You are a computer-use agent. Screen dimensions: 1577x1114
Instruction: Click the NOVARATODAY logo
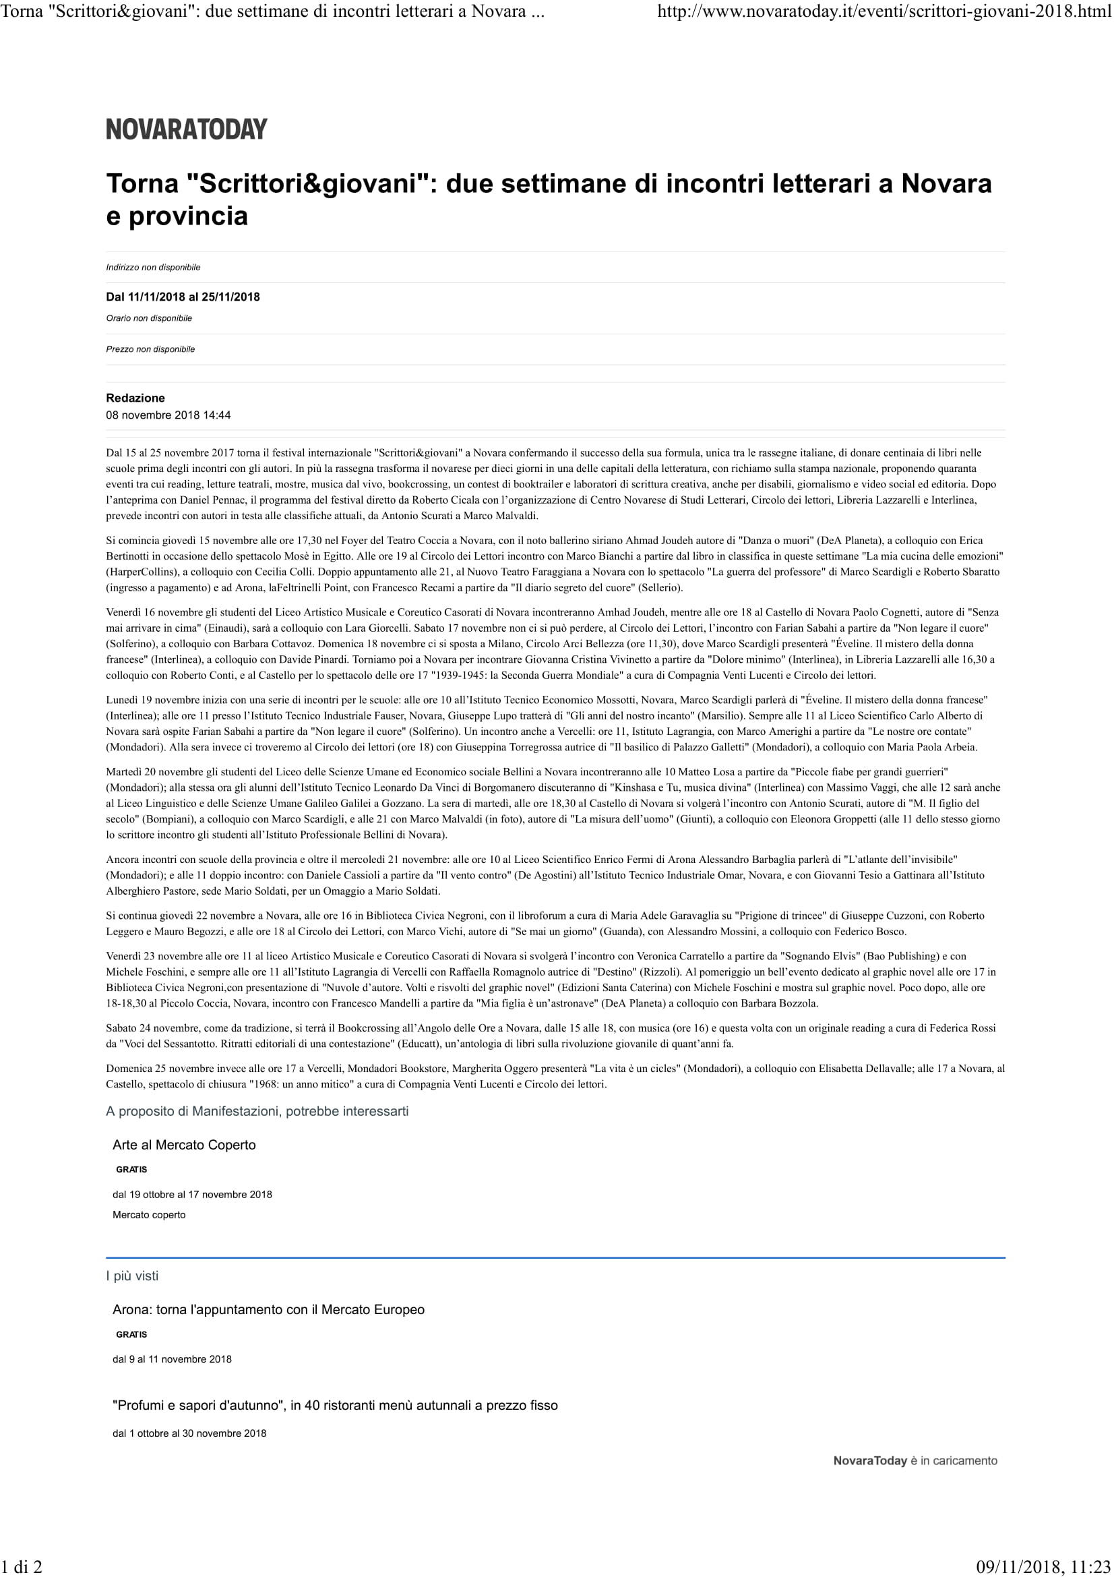186,129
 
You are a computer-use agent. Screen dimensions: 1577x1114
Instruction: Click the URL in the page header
885,11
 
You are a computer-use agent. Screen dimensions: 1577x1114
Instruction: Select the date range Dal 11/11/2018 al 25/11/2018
183,297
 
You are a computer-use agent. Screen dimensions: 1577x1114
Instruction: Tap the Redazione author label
135,398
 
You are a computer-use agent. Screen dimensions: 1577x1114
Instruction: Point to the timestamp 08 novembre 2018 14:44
168,415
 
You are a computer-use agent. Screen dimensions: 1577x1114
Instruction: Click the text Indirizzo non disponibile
153,267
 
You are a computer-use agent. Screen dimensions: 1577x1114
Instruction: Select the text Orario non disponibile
149,318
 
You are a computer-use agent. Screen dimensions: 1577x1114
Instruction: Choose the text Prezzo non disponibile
150,349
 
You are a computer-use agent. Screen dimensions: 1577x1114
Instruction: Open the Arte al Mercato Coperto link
184,1145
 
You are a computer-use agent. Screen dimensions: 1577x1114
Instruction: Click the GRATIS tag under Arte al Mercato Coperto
131,1170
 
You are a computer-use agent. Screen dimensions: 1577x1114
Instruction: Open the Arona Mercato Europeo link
268,1310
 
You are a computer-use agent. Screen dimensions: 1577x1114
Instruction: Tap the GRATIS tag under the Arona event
131,1334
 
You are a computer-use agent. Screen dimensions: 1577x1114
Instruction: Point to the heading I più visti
132,1276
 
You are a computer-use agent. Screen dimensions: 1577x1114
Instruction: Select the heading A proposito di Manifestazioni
257,1111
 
